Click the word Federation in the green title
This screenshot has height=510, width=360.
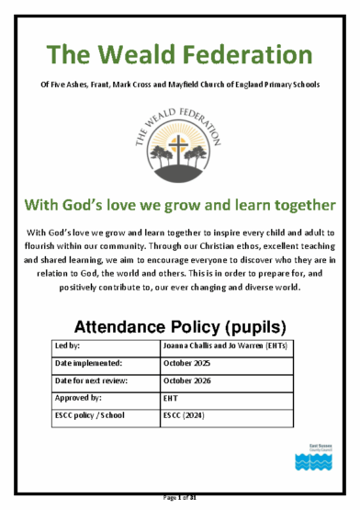[242, 55]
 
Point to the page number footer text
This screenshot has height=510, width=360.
[179, 499]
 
